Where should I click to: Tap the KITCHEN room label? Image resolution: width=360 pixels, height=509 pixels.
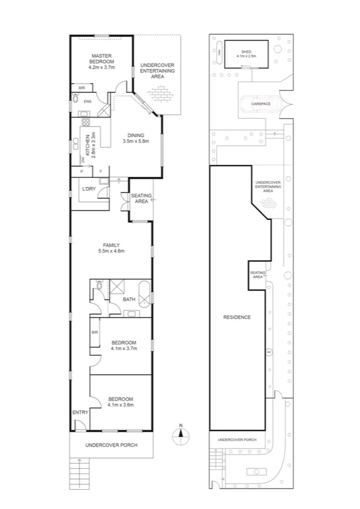(x=87, y=146)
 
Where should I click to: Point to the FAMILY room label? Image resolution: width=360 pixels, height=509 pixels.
(x=111, y=245)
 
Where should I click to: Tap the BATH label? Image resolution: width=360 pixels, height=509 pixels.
(x=129, y=299)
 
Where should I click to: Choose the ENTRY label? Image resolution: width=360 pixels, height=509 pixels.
(x=80, y=412)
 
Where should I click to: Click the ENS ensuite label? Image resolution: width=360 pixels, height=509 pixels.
(x=87, y=101)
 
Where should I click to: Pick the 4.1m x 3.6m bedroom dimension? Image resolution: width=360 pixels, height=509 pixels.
(x=120, y=405)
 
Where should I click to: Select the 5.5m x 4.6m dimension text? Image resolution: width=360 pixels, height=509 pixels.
(x=111, y=251)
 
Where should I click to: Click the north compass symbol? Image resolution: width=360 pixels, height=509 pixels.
(x=180, y=435)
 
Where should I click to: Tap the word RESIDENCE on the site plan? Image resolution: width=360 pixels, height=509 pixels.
(x=237, y=317)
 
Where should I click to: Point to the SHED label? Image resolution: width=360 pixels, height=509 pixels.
(x=247, y=52)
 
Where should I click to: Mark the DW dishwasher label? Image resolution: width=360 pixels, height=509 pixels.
(x=74, y=159)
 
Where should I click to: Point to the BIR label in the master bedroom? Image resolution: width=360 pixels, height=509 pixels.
(x=81, y=88)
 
